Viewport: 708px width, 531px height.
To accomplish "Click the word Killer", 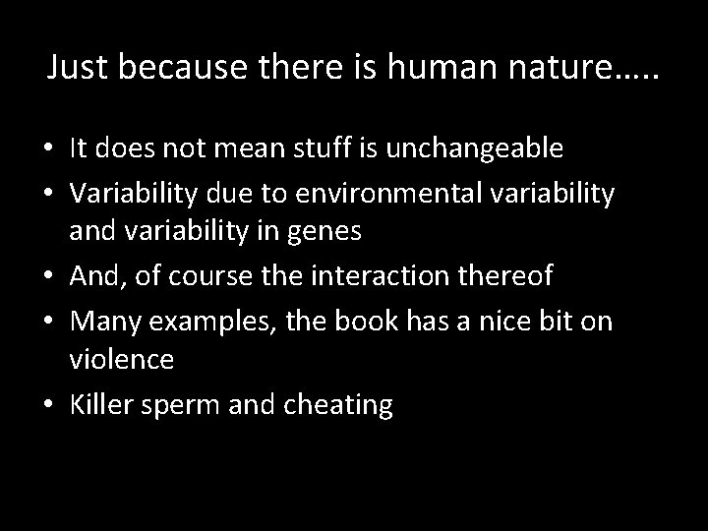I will pyautogui.click(x=101, y=404).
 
